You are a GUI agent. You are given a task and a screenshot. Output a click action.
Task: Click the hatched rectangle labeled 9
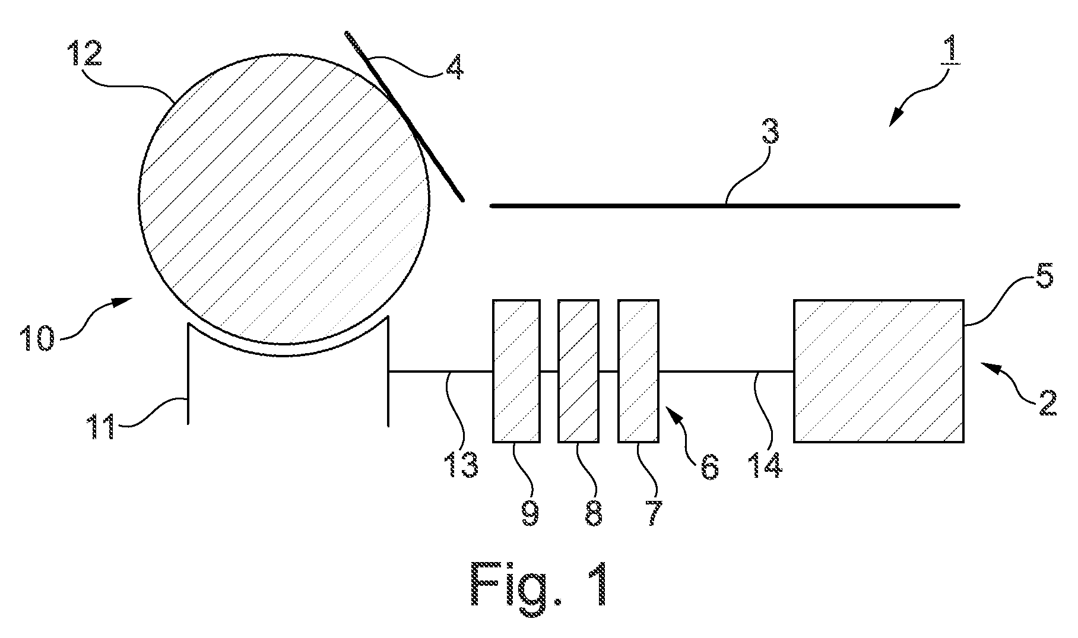pos(516,371)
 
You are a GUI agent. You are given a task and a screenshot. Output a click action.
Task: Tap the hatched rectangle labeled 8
pos(578,371)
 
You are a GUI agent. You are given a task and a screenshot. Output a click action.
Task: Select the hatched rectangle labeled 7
pos(639,371)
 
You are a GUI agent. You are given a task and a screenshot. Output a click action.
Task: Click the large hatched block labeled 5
pos(879,371)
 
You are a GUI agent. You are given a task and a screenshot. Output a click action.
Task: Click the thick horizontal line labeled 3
pos(725,206)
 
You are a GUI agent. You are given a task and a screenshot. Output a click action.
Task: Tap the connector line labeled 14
pos(726,372)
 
